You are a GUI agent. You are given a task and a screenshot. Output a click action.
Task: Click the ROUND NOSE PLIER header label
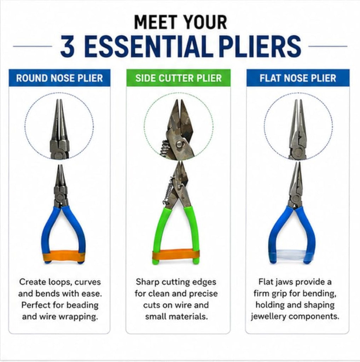click(59, 78)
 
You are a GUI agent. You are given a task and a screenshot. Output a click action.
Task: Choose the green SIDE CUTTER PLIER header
click(178, 78)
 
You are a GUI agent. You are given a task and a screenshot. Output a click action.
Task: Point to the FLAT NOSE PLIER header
click(298, 78)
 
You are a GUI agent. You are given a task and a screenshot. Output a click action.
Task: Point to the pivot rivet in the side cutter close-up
click(179, 145)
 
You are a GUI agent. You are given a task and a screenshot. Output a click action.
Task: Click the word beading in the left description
click(83, 305)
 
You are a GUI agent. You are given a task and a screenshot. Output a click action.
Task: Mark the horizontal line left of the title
click(33, 46)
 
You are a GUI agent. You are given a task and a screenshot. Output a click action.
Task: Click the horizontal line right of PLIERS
click(328, 46)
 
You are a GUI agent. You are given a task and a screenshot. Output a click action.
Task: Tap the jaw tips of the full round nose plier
click(60, 166)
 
